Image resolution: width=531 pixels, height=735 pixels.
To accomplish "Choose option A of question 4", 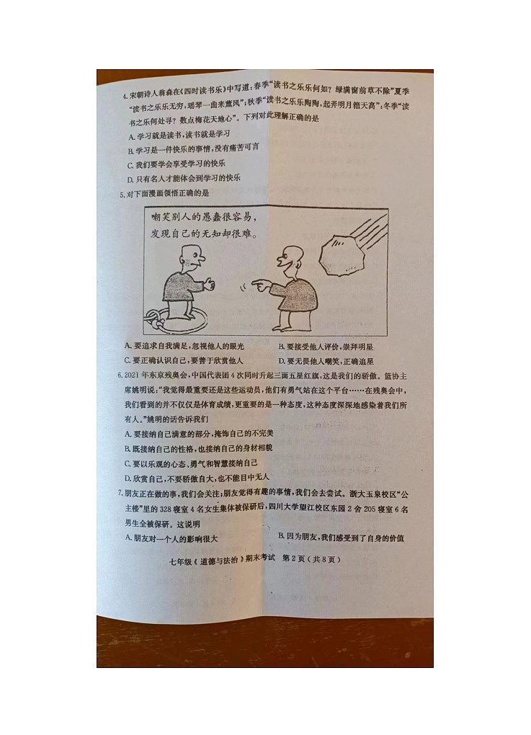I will (x=130, y=135).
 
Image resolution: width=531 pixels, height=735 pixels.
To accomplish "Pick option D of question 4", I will (x=130, y=178).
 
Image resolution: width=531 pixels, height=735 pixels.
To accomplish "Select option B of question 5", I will (x=281, y=347).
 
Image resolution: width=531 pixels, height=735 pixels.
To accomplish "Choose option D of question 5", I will (x=281, y=361).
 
